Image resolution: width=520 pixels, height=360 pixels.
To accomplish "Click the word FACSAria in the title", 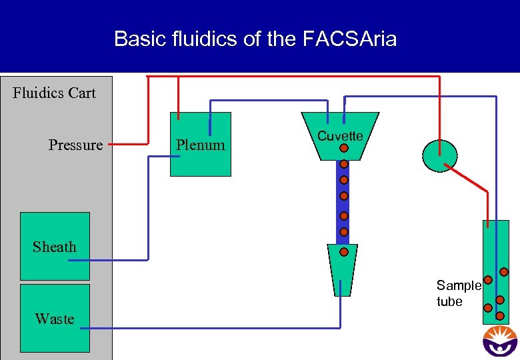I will click(x=349, y=39).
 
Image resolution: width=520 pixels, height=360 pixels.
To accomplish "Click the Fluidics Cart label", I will click(x=54, y=93).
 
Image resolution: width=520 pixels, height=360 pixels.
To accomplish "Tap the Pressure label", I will click(x=75, y=145).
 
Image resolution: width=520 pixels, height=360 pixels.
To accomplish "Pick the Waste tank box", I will click(x=55, y=318).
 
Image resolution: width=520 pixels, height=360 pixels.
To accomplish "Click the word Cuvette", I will click(x=340, y=136).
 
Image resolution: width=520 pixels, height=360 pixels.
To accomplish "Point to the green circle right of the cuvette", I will click(x=440, y=155).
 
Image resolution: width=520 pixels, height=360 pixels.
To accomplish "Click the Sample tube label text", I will click(x=458, y=293).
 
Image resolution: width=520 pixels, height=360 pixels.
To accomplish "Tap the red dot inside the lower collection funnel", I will click(x=343, y=253).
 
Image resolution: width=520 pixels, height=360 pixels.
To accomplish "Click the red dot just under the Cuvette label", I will click(x=343, y=149).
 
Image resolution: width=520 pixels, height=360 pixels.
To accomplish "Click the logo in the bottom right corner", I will click(x=499, y=341).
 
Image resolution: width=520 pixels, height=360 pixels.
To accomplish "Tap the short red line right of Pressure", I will click(x=128, y=143).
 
